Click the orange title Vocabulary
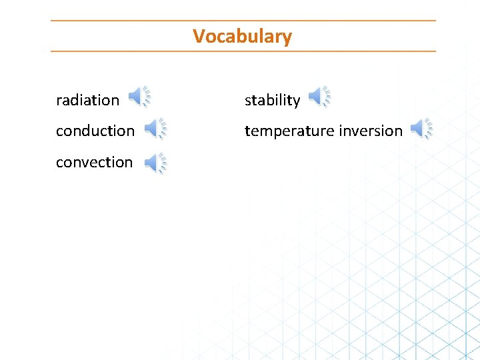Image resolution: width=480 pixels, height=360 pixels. coord(242,36)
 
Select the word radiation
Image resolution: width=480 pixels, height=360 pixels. coord(87,100)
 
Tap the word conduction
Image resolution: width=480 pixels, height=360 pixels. coord(95,131)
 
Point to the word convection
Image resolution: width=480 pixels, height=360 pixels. coord(94,162)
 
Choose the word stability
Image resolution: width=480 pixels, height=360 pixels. coord(272,100)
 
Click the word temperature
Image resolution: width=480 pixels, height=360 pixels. coord(286,131)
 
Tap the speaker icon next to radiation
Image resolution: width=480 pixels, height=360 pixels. coord(139,97)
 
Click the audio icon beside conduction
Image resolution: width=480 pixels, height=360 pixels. coord(156,128)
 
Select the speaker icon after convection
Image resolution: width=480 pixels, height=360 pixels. coord(156,163)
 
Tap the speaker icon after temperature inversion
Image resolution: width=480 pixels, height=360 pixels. coord(421,128)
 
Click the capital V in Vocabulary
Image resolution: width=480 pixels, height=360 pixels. coord(198,36)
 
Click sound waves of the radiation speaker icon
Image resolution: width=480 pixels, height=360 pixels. coord(147,97)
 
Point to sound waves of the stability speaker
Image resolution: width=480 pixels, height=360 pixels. coord(327,97)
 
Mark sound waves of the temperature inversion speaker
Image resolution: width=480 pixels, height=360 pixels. coord(429,127)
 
